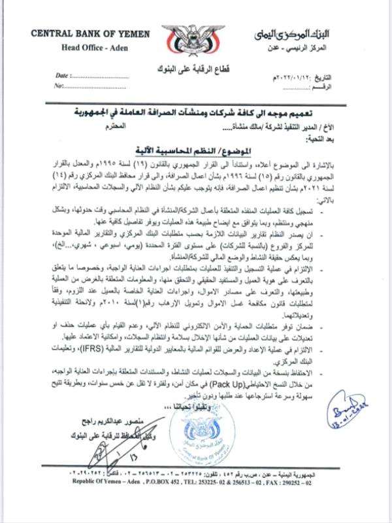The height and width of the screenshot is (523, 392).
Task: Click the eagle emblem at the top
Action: pyautogui.click(x=195, y=37)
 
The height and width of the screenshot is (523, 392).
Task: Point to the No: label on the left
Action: pyautogui.click(x=61, y=86)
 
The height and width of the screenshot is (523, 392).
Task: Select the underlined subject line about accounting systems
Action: pyautogui.click(x=197, y=148)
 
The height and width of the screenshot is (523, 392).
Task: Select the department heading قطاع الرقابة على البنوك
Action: pyautogui.click(x=197, y=67)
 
